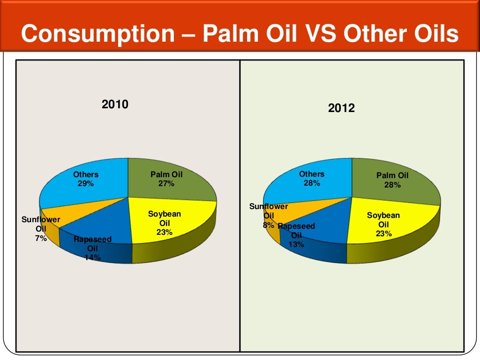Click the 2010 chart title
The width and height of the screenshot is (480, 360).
click(x=115, y=105)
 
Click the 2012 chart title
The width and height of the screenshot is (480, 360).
click(x=341, y=108)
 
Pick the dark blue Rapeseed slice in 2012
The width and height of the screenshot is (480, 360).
click(x=323, y=220)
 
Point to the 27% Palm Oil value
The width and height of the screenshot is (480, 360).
click(x=166, y=184)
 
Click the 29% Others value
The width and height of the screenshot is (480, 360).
click(x=86, y=184)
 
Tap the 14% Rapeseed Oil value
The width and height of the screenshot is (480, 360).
click(x=92, y=256)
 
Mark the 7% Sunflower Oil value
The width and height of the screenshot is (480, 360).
click(x=41, y=238)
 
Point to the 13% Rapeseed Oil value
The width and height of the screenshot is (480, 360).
click(x=296, y=244)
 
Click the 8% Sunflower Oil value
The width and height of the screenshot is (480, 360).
click(x=268, y=225)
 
